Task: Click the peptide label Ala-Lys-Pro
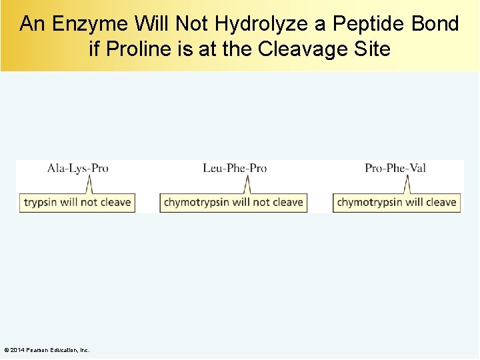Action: (77, 169)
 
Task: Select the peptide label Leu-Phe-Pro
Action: (235, 169)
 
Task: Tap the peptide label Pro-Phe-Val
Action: (395, 169)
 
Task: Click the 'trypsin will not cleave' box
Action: (77, 202)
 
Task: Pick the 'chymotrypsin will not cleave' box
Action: (233, 202)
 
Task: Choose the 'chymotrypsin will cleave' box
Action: (397, 202)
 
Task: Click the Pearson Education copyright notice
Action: (47, 350)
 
